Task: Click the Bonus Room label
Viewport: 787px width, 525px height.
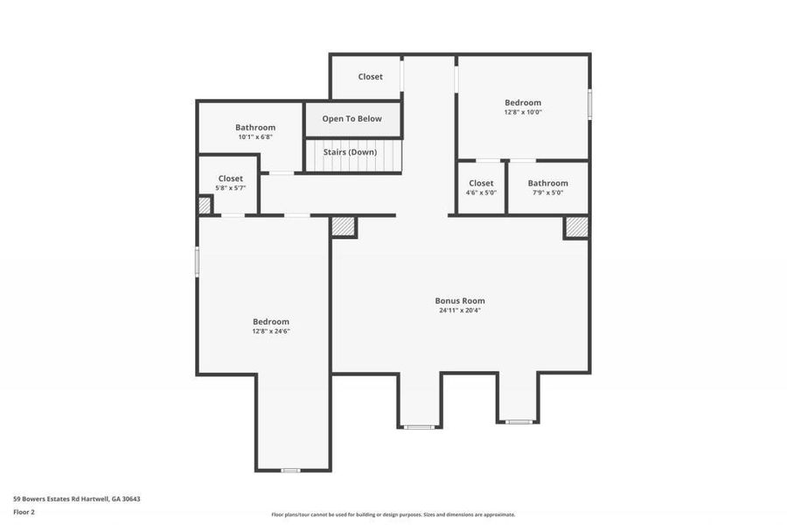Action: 460,300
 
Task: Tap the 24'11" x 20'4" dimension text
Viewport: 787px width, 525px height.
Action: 460,311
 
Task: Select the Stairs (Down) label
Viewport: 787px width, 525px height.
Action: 350,152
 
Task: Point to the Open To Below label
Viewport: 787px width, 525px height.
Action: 352,119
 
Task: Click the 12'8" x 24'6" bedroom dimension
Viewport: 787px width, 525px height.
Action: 270,332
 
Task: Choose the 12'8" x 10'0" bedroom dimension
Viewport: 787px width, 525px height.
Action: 523,112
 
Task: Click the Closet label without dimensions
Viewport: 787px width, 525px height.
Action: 370,77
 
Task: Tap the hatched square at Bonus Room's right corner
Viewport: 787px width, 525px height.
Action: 576,227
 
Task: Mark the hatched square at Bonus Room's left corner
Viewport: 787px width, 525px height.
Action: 343,226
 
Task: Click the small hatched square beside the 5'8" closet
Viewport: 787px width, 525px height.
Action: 205,206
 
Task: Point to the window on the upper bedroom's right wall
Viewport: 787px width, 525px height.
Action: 589,104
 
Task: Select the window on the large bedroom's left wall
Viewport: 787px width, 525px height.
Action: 197,262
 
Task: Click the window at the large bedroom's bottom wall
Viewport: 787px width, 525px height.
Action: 290,470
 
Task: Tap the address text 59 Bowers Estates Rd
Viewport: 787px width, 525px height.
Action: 76,499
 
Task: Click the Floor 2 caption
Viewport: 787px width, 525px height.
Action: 24,511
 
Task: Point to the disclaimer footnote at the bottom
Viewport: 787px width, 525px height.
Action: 393,514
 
